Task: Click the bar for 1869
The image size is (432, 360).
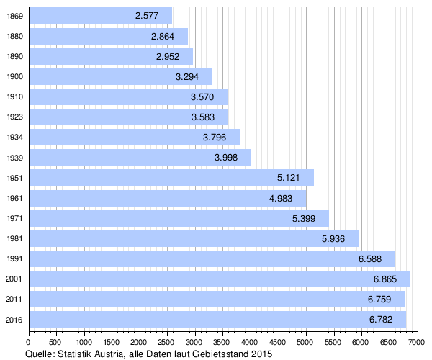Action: point(100,15)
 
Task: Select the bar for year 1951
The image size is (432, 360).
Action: point(171,177)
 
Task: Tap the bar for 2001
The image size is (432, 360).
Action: point(220,278)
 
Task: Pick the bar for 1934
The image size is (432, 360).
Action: point(134,137)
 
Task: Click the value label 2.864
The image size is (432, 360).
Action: point(163,35)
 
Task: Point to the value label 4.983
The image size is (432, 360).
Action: point(282,197)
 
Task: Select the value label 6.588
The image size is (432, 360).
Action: point(371,258)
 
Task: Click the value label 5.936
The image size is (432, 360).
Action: point(334,238)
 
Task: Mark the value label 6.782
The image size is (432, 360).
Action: point(382,318)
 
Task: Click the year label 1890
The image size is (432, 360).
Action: point(14,56)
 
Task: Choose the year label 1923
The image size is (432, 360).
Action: point(14,117)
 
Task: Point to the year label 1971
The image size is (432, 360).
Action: point(14,217)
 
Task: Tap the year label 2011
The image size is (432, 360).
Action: point(14,298)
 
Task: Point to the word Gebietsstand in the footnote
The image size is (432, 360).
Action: point(217,354)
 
